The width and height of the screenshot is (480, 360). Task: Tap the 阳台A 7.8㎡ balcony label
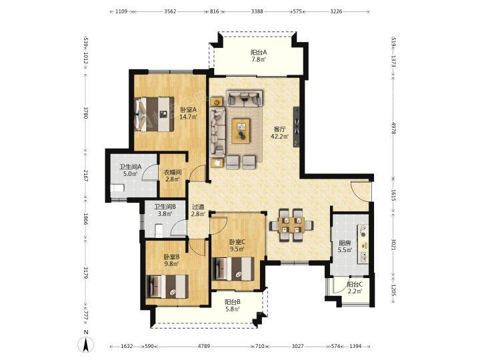(x=259, y=56)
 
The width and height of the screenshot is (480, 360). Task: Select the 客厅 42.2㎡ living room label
(x=279, y=133)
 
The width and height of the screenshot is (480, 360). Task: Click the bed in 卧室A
(x=154, y=114)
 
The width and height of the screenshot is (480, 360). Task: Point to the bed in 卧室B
(x=167, y=286)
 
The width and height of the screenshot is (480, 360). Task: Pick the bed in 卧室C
(x=233, y=269)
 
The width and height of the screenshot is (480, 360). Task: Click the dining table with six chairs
(x=291, y=225)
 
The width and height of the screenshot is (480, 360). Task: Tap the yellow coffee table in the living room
(x=241, y=131)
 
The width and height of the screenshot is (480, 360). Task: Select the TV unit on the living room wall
(x=296, y=127)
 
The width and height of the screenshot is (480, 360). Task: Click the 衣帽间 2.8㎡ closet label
(x=172, y=176)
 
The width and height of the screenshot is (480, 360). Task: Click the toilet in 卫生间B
(x=159, y=230)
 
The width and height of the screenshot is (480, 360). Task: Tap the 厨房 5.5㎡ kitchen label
(x=345, y=247)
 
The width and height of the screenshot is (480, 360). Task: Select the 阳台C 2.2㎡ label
(x=355, y=287)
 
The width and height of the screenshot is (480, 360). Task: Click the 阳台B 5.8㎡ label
(x=233, y=305)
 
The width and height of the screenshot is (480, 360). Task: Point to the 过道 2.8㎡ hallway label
(x=198, y=210)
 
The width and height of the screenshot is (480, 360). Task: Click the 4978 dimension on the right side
(x=394, y=127)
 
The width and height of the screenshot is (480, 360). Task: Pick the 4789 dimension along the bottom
(x=204, y=346)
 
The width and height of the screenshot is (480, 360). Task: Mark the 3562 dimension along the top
(x=170, y=11)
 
